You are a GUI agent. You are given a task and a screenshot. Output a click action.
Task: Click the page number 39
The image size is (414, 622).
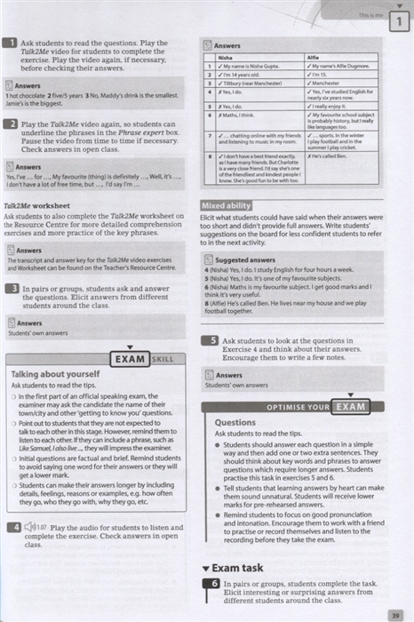394,612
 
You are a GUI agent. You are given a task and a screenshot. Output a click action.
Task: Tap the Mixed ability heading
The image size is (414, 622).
228,206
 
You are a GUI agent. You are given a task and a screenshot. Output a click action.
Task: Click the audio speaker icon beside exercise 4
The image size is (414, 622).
31,527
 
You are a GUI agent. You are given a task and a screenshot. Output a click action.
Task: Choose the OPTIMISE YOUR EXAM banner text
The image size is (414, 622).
307,407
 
